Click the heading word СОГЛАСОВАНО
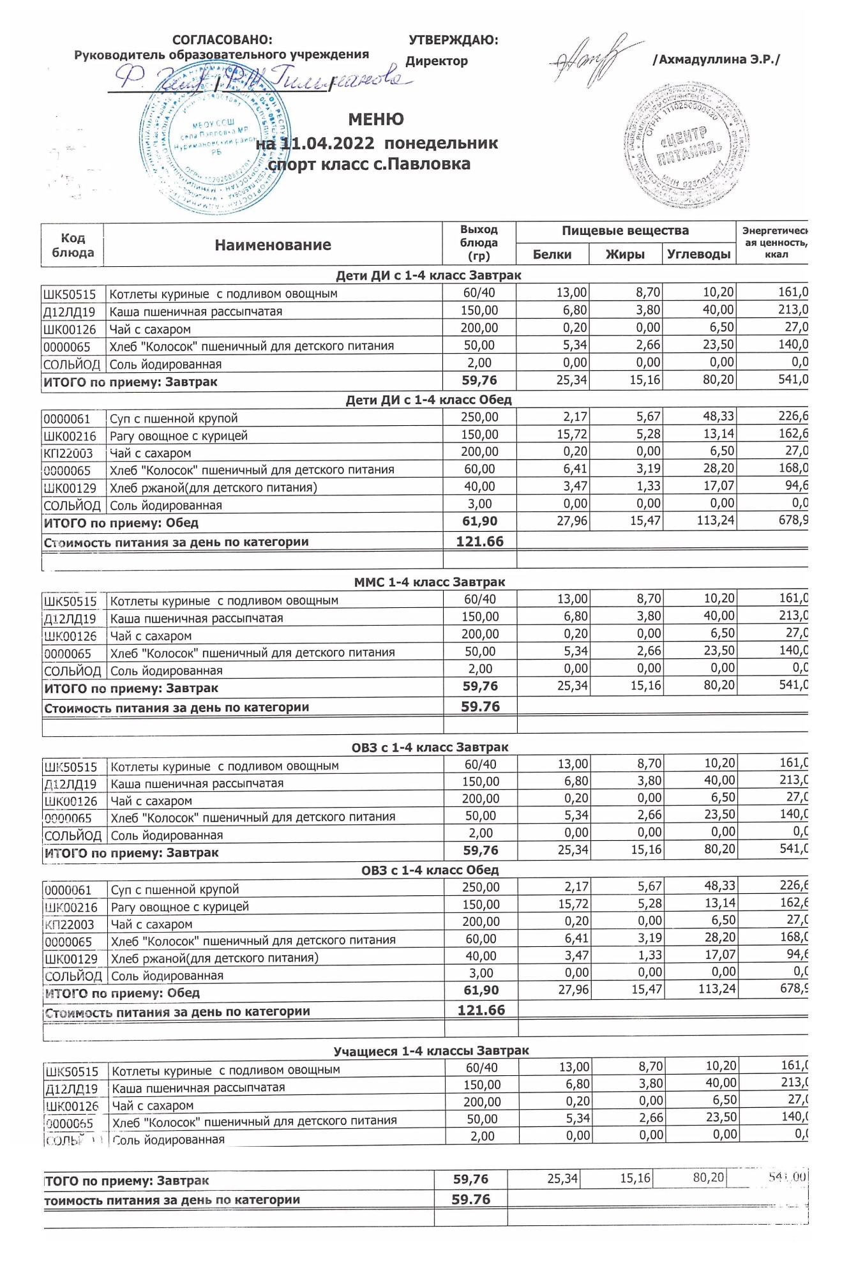point(222,40)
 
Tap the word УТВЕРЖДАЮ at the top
point(453,40)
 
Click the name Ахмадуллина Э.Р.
point(716,60)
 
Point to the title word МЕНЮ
point(376,119)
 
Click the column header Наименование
point(273,245)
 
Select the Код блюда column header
point(73,245)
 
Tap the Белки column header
point(552,254)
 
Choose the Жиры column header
point(625,254)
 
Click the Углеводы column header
point(698,254)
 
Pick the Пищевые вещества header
point(625,230)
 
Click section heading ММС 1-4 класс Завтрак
point(429,582)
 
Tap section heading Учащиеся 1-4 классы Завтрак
point(431,1051)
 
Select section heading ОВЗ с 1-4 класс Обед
point(430,870)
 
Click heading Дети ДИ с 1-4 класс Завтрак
point(428,276)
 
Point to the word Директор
point(437,61)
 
